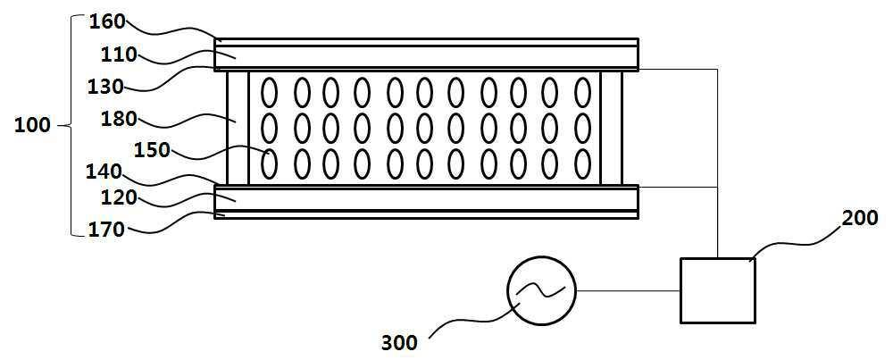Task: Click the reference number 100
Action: pyautogui.click(x=32, y=125)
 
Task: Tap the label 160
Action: pyautogui.click(x=107, y=21)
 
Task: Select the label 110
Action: pyautogui.click(x=119, y=54)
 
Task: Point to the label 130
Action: pyautogui.click(x=106, y=88)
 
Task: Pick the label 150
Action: pyautogui.click(x=151, y=149)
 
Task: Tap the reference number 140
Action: pyautogui.click(x=105, y=169)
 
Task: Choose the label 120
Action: pyautogui.click(x=120, y=197)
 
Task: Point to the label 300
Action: pyautogui.click(x=398, y=341)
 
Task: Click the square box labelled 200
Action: pyautogui.click(x=717, y=290)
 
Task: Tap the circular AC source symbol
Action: pyautogui.click(x=541, y=290)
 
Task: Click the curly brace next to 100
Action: pyautogui.click(x=69, y=126)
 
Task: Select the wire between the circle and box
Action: pyautogui.click(x=628, y=290)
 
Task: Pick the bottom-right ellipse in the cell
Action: pyautogui.click(x=582, y=163)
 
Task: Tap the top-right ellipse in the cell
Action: pyautogui.click(x=582, y=91)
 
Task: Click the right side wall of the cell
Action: pyautogui.click(x=611, y=127)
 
